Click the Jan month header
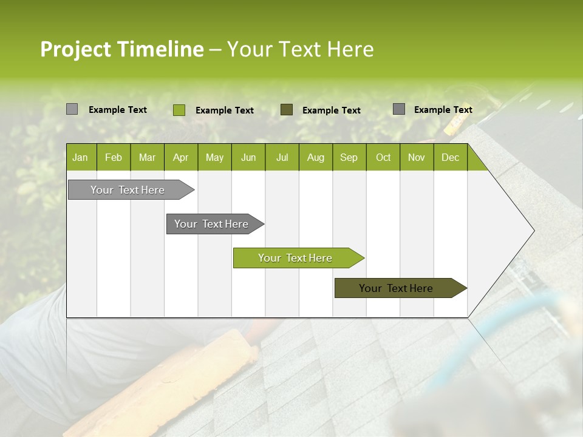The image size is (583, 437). [80, 157]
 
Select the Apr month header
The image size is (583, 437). [180, 157]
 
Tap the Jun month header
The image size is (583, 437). [248, 157]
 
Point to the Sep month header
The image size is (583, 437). [349, 157]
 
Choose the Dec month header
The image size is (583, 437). [450, 157]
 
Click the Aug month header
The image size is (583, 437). [315, 157]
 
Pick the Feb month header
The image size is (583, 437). [114, 157]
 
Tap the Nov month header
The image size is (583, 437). [416, 157]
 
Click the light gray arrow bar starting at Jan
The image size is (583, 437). [128, 190]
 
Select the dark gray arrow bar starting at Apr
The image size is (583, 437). [211, 224]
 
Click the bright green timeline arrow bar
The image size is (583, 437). [295, 258]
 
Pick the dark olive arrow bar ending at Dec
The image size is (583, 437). [396, 288]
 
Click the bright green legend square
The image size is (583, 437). [179, 110]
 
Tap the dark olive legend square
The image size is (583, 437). [287, 109]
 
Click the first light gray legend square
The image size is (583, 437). [72, 109]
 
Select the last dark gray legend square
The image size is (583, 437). [398, 109]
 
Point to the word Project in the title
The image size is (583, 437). [75, 49]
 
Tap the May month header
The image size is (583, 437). [214, 157]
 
